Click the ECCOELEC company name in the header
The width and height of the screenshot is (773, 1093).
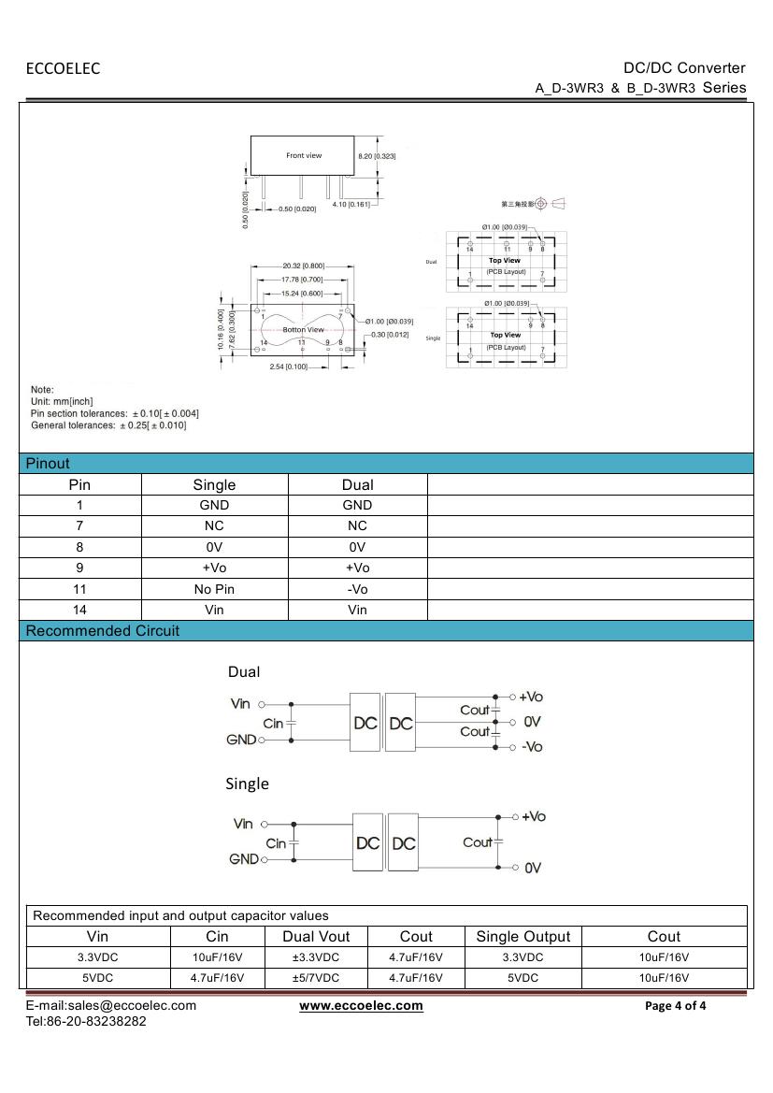[63, 68]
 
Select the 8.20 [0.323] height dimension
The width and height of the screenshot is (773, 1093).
[378, 155]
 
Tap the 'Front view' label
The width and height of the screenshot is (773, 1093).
[304, 155]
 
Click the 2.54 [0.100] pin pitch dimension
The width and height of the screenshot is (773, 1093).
[290, 367]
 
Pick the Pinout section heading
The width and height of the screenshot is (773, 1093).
[48, 464]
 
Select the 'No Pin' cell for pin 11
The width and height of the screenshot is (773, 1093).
[214, 589]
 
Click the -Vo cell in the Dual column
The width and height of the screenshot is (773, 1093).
[357, 589]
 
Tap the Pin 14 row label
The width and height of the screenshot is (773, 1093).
[79, 610]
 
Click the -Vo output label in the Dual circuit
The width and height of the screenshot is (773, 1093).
[532, 746]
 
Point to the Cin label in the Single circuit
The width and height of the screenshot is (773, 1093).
[276, 843]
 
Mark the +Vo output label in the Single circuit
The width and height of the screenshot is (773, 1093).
[534, 816]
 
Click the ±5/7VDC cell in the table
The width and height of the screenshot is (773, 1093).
[316, 978]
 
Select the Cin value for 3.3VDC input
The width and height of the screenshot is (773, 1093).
[217, 957]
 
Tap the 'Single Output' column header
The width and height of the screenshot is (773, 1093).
[522, 937]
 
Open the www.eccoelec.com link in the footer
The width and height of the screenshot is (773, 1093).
[361, 1006]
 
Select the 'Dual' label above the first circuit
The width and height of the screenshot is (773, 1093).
[244, 672]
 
